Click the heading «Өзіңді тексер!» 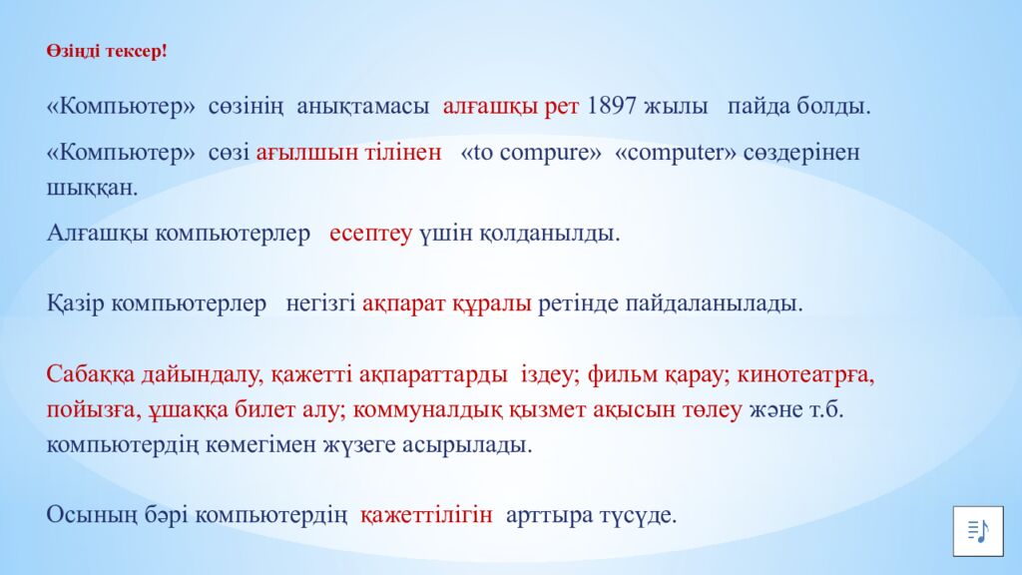[x=106, y=51]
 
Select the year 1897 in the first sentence [x=612, y=106]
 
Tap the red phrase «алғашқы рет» [x=511, y=106]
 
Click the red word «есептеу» [x=370, y=234]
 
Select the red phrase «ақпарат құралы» [x=446, y=303]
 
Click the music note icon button [x=977, y=529]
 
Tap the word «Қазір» [x=76, y=303]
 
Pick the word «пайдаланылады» [x=714, y=303]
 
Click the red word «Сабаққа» [x=88, y=375]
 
